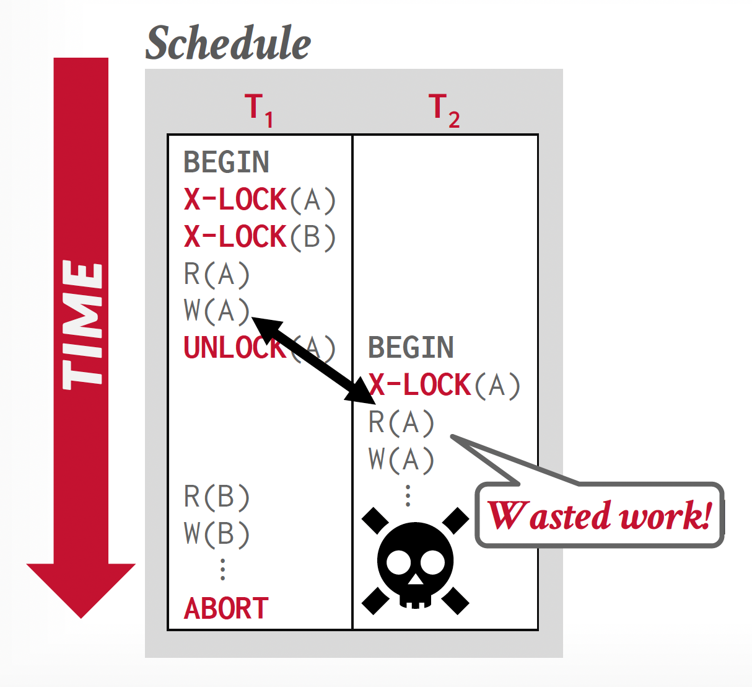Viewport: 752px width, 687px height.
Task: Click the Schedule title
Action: tap(228, 43)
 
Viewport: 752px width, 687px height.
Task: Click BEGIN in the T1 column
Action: tap(226, 162)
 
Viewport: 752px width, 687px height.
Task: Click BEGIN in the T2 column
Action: tap(411, 347)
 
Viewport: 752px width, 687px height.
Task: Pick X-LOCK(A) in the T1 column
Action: tap(260, 200)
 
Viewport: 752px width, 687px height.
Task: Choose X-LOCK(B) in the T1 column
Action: tap(260, 237)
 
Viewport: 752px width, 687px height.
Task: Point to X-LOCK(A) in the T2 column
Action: tap(444, 385)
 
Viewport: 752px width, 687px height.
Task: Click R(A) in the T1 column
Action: tap(217, 274)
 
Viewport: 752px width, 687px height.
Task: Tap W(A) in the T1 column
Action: tap(217, 311)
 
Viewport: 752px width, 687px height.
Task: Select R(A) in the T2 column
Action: tap(401, 422)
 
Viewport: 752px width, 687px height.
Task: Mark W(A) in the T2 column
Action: tap(401, 459)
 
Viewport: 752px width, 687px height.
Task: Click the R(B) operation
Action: tap(217, 497)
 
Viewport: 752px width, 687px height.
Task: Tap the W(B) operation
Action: tap(217, 534)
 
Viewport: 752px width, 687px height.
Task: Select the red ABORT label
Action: tap(226, 608)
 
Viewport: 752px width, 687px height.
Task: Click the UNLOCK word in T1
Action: tap(234, 348)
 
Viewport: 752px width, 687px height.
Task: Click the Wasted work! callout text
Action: tap(599, 516)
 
